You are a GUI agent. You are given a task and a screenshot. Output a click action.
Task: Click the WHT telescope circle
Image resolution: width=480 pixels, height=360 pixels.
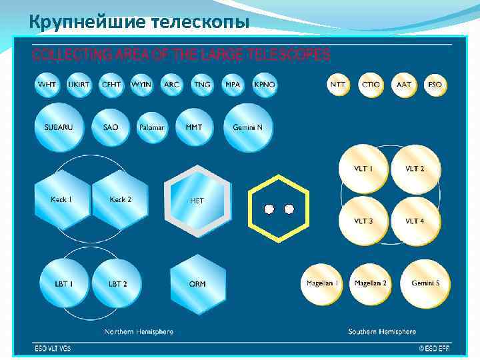coord(47,85)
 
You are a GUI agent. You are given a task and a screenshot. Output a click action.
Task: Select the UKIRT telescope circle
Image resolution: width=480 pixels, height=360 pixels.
coord(79,85)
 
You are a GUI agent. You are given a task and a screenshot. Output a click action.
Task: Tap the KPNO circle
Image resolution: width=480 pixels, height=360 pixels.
coord(265,85)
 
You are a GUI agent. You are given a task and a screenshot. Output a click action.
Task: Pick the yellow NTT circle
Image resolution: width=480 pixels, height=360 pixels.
coord(339,85)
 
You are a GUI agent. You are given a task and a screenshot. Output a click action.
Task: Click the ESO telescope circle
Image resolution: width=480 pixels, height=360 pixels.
coord(435,85)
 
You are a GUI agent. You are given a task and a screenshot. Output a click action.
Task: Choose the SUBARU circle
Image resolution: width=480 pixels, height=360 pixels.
coord(59,127)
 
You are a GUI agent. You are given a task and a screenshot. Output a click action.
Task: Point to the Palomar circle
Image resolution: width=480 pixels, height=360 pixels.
coord(151,127)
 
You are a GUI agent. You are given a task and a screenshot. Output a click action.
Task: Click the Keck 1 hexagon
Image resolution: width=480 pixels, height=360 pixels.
coord(61,199)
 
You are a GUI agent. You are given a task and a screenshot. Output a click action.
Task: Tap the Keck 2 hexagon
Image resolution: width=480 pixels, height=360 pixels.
coord(120,199)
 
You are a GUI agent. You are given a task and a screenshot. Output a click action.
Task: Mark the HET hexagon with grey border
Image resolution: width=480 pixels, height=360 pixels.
coord(197,200)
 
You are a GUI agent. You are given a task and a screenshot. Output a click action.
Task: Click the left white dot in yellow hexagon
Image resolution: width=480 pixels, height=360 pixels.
coord(269,209)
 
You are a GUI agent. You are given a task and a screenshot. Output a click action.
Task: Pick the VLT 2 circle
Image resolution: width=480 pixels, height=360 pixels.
coord(415,169)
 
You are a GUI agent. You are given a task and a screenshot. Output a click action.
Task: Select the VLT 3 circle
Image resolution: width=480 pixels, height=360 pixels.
coord(363,220)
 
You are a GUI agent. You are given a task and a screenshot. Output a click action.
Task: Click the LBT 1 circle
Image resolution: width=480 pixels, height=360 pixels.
coord(64,283)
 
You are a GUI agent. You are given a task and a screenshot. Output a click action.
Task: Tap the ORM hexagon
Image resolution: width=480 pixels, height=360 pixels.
coord(197,283)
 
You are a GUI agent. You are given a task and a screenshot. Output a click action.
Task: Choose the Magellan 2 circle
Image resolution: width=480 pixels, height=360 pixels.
coord(371,283)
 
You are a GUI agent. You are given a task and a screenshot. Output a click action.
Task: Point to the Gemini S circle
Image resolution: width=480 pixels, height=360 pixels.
coord(425,283)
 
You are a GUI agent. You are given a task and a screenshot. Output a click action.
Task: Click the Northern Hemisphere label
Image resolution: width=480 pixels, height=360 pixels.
coord(139,331)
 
